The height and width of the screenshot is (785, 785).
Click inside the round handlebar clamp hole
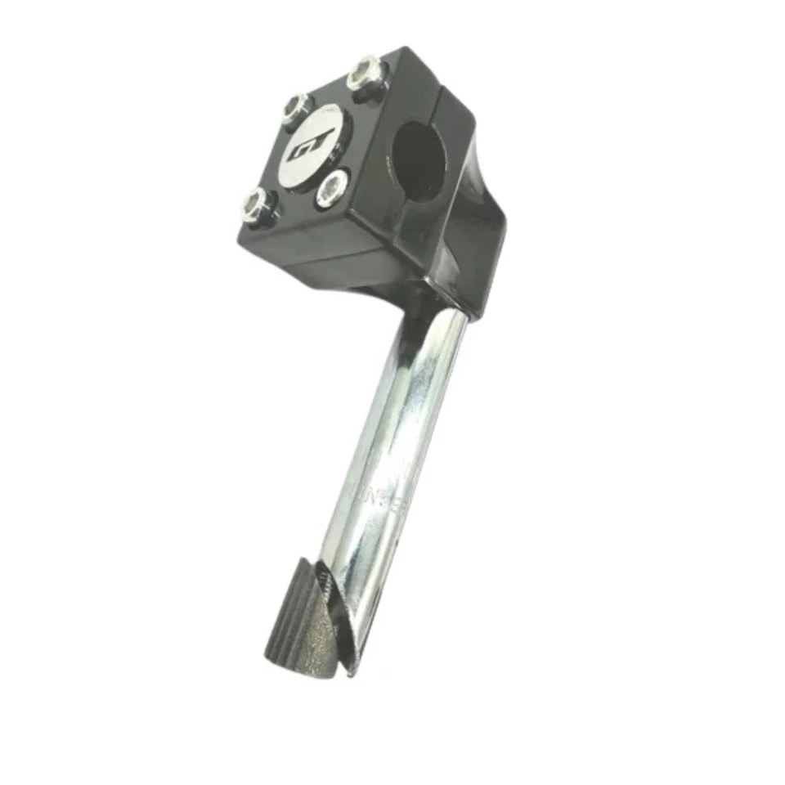click(419, 160)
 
